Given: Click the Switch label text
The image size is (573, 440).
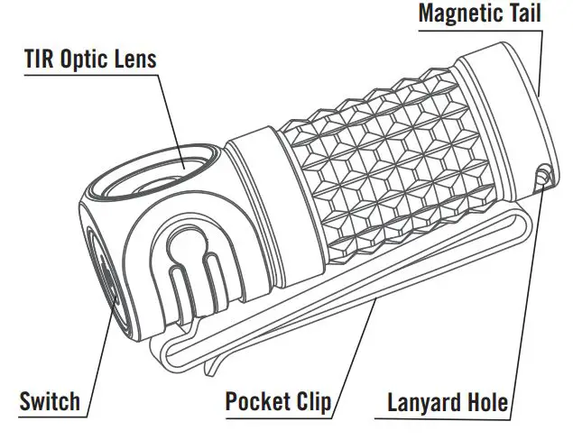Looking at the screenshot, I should pos(50,400).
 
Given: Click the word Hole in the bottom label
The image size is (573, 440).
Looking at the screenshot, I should pos(488,401).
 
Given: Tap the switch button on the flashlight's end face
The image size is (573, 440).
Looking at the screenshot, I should pos(101,280).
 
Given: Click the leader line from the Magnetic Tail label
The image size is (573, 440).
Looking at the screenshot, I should pos(542,54).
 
